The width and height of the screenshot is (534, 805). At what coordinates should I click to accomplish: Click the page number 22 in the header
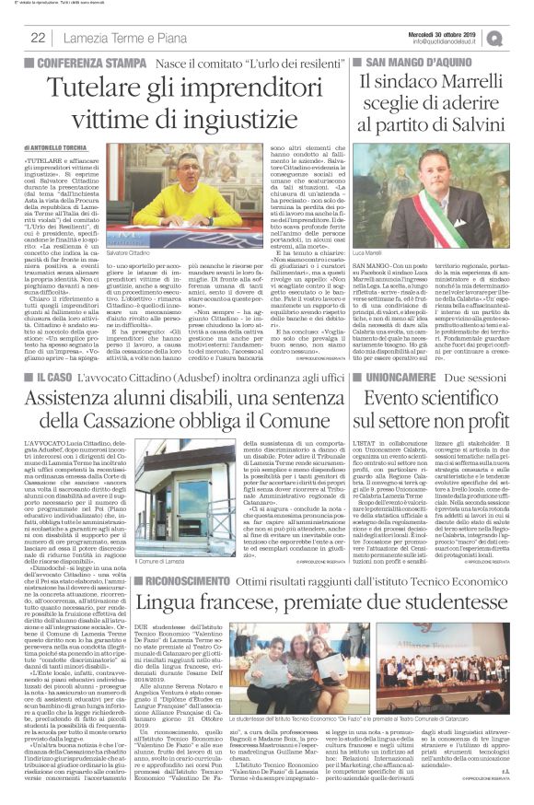coord(39,37)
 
